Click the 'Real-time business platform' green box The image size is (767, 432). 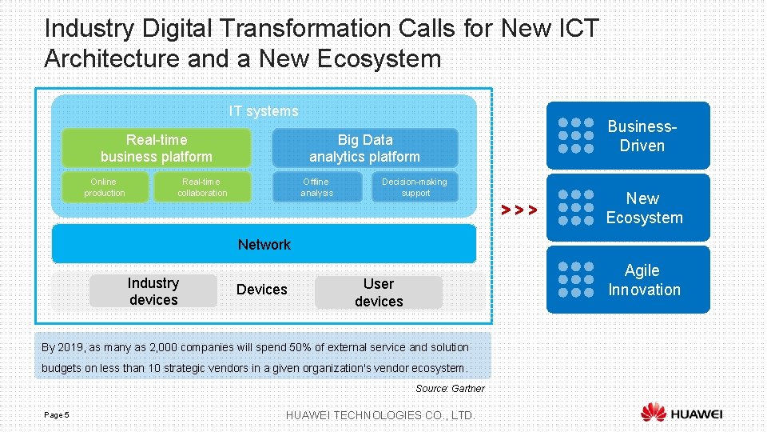157,148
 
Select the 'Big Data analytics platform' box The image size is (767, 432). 364,148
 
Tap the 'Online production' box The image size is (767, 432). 105,187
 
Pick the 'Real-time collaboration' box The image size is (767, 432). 202,187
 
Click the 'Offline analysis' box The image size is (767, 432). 316,187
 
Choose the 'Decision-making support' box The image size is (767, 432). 415,187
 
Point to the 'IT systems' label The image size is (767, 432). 264,111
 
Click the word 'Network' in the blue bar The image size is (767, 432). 264,245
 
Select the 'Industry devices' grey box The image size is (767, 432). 153,291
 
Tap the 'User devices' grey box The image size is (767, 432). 378,293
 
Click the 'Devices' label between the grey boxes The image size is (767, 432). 261,290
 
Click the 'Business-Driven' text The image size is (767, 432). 642,136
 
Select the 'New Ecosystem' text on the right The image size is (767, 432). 644,208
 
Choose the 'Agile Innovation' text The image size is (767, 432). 643,280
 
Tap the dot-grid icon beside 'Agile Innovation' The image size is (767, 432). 576,280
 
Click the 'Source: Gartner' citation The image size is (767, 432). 450,389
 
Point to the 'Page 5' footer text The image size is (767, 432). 57,414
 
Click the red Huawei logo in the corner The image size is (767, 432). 654,413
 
